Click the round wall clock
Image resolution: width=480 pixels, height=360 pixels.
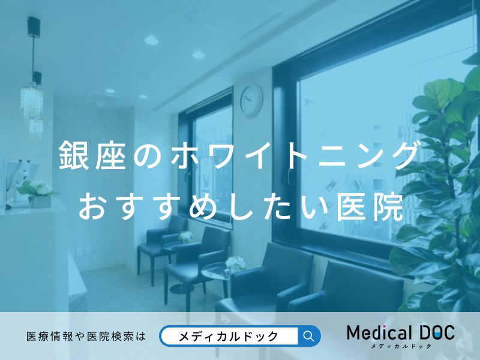coord(251,100)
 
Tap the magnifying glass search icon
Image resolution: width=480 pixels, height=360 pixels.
coord(309,336)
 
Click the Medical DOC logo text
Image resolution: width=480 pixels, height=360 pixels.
coord(401,334)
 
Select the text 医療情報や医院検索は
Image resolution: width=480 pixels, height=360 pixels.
coord(86,337)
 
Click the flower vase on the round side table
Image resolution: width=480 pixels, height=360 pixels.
coord(235,262)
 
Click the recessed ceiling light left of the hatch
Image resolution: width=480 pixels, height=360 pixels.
coord(152,41)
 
